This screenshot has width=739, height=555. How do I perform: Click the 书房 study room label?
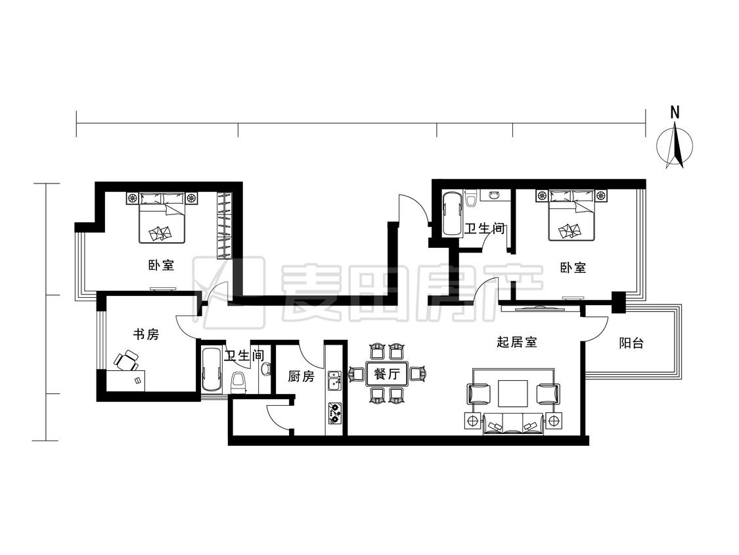146,335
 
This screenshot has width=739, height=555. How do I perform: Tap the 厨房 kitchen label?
301,376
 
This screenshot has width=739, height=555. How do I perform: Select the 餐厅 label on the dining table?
386,374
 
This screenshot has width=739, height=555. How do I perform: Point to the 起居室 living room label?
517,342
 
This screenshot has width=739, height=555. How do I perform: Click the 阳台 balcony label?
631,343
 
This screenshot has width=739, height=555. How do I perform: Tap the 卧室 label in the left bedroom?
161,265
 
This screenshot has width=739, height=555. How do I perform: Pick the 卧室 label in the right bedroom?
573,268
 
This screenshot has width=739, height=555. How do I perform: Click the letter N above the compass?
675,112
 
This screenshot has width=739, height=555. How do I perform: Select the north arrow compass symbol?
675,145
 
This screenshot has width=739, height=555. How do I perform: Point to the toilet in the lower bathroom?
239,383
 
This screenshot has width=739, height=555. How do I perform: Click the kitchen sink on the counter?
334,380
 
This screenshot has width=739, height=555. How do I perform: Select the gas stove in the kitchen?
334,412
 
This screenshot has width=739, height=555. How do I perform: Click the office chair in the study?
126,361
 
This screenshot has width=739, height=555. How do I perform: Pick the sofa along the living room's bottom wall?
513,423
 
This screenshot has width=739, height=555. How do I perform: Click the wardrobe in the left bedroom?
225,225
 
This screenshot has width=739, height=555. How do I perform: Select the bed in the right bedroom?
571,215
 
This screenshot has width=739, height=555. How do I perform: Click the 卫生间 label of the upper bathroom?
485,229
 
